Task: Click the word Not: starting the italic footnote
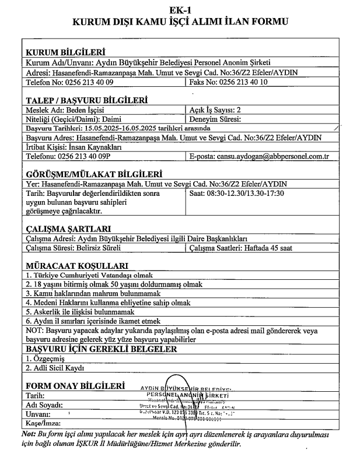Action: (27, 434)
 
